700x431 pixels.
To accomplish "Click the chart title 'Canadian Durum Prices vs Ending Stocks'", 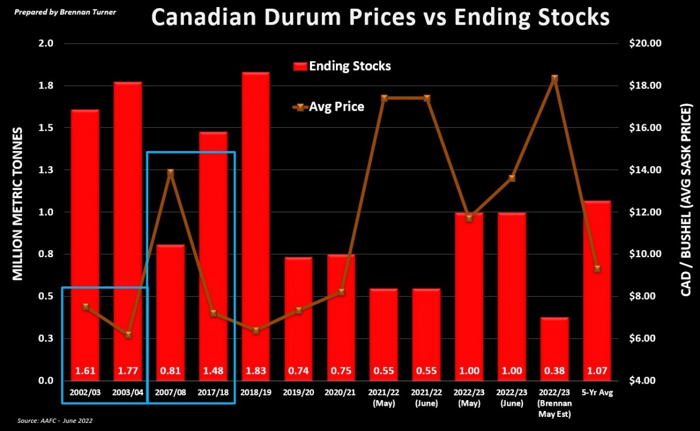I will pyautogui.click(x=380, y=18).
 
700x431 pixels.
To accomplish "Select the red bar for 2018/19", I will pyautogui.click(x=256, y=222).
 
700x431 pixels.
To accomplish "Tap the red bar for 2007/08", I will pyautogui.click(x=170, y=303).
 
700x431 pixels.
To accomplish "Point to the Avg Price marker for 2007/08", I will pyautogui.click(x=170, y=173).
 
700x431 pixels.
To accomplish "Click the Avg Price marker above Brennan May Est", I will pyautogui.click(x=555, y=78).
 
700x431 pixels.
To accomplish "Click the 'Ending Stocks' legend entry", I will pyautogui.click(x=342, y=66).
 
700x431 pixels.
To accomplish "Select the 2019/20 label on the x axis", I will pyautogui.click(x=298, y=393).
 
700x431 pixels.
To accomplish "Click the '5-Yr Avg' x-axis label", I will pyautogui.click(x=597, y=393).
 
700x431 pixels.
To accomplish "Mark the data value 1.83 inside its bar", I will pyautogui.click(x=256, y=370).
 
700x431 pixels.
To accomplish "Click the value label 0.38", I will pyautogui.click(x=555, y=370).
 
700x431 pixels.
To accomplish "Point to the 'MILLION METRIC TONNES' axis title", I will pyautogui.click(x=19, y=204).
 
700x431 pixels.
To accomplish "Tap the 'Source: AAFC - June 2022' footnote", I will pyautogui.click(x=55, y=420).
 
